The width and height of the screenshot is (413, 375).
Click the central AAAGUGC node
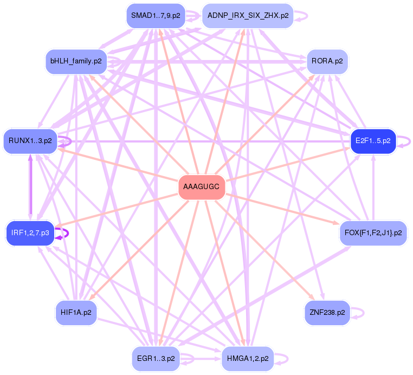[201, 187]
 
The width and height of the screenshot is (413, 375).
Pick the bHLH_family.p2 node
[76, 61]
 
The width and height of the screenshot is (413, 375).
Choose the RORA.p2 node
[327, 61]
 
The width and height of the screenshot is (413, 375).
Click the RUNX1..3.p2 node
[30, 141]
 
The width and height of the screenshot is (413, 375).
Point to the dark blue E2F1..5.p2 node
[373, 141]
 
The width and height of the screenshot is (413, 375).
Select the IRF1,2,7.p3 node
[30, 233]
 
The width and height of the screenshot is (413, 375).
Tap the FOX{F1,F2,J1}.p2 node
[373, 233]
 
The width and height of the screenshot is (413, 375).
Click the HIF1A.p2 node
[76, 313]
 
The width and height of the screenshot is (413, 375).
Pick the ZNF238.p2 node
[327, 313]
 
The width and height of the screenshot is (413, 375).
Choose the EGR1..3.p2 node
[155, 359]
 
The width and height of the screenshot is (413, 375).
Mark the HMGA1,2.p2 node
[248, 359]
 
